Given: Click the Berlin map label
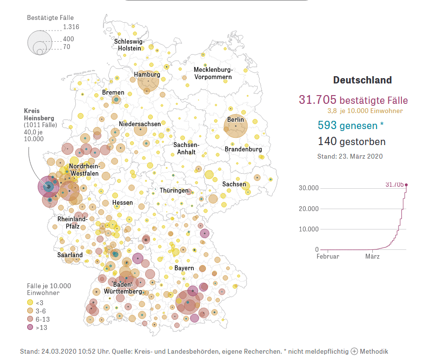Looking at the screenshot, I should (x=236, y=120).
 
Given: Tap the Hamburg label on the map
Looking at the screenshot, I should (x=147, y=75).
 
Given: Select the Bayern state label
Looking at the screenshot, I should (x=184, y=268).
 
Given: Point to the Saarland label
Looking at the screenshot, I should (x=70, y=255).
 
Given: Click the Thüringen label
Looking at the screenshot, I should (x=174, y=191).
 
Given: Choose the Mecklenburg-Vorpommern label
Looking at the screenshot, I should (x=213, y=73).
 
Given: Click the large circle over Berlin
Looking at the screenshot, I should (x=235, y=127).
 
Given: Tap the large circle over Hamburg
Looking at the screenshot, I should (x=148, y=81).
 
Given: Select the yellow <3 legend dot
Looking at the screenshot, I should (x=30, y=302).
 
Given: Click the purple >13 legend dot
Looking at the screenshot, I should (x=30, y=327).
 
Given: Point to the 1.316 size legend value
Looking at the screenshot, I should (x=71, y=27).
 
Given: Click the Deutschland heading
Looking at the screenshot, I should (x=362, y=81).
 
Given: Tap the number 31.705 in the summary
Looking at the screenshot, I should (x=317, y=100).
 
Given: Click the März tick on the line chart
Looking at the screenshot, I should (x=372, y=256).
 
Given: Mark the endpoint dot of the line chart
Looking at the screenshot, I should (x=406, y=184).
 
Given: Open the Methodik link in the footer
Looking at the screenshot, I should (x=369, y=351).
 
